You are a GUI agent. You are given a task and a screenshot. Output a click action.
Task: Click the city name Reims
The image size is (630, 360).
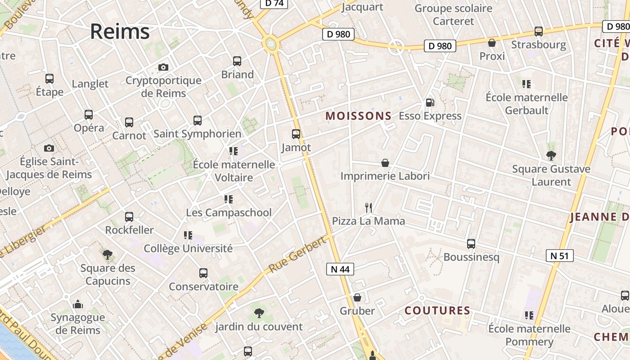click(120, 31)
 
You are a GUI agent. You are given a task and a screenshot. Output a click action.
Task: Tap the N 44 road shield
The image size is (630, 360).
click(340, 269)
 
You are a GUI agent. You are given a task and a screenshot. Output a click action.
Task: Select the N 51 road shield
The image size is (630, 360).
click(559, 256)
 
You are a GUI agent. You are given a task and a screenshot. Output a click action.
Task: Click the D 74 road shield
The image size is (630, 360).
click(274, 3)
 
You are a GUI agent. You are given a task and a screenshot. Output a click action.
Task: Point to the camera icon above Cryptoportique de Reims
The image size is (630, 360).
click(163, 67)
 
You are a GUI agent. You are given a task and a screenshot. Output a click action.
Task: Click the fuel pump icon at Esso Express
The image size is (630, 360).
click(430, 103)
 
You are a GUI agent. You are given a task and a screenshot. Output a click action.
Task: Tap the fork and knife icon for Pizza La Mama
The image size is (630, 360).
click(369, 207)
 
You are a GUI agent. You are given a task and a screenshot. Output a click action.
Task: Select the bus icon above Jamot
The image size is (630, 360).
click(296, 134)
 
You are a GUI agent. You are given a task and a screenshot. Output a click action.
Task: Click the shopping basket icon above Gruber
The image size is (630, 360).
click(357, 297)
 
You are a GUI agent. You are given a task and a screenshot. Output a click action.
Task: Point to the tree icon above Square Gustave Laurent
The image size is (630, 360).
click(551, 156)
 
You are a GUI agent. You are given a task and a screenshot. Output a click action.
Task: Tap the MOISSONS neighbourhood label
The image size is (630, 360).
click(359, 116)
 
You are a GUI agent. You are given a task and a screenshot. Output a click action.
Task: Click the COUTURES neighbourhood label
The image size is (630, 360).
click(437, 310)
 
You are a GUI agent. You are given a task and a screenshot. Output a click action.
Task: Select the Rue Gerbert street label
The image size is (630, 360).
click(297, 255)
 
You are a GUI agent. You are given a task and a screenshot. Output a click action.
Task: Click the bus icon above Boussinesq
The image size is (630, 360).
click(471, 244)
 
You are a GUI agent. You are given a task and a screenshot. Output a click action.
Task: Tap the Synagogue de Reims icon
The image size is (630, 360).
click(78, 305)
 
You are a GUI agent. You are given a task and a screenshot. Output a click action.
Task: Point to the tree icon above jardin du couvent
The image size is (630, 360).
click(259, 313)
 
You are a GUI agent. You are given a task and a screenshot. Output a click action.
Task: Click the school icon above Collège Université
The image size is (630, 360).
click(188, 235)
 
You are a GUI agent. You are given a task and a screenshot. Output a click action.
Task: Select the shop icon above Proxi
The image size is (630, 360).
click(492, 43)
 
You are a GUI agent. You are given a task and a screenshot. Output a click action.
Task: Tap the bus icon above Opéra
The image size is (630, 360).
click(89, 115)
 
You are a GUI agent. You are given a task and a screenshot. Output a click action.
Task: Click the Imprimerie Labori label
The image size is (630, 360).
click(385, 176)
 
